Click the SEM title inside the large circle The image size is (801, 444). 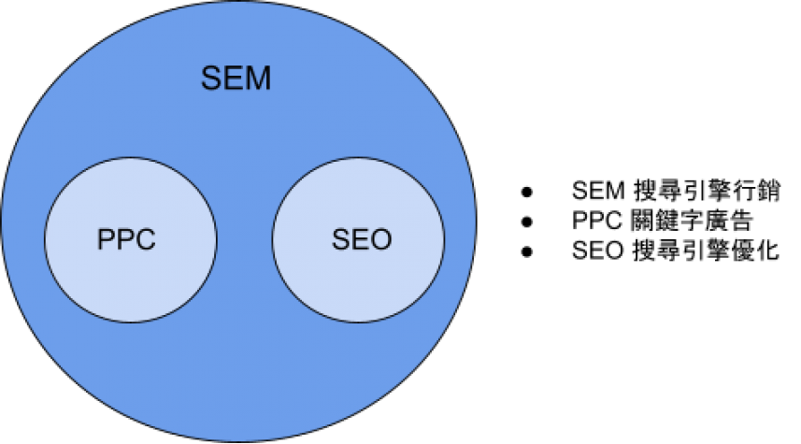pos(236,79)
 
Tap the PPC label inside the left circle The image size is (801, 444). pos(126,239)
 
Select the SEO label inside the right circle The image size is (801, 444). pos(362,239)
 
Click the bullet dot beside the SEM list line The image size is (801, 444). pos(526,193)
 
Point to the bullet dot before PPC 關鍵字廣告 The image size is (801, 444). pos(526,222)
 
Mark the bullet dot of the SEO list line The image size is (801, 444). pos(526,251)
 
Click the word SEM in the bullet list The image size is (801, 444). pos(598,191)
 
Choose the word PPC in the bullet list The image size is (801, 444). pos(596,221)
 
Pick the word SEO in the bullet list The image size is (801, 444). pos(597,251)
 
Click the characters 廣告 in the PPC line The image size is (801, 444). pos(728,221)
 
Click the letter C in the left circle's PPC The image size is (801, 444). pos(146,239)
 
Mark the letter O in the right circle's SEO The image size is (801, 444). pos(381,239)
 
